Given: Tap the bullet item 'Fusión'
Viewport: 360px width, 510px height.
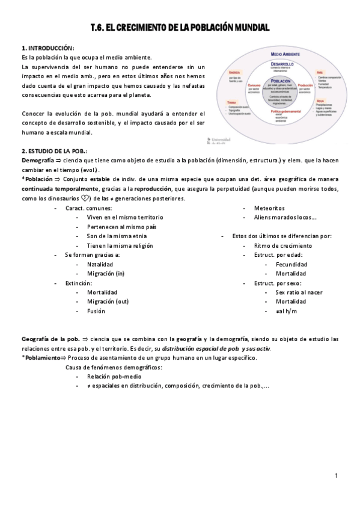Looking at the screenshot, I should pyautogui.click(x=96, y=311).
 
